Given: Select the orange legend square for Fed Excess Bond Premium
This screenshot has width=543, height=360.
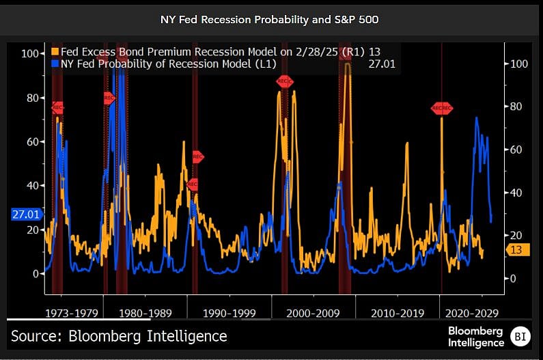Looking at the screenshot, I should pyautogui.click(x=55, y=52).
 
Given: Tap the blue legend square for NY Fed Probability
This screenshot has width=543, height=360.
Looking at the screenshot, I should pyautogui.click(x=55, y=64).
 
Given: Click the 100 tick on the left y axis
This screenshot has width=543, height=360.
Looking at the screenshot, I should pyautogui.click(x=30, y=53).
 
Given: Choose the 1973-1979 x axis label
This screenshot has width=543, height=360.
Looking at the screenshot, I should pyautogui.click(x=72, y=314).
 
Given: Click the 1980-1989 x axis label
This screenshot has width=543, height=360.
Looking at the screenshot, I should pyautogui.click(x=145, y=314).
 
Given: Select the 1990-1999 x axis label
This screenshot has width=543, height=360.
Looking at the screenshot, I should pyautogui.click(x=229, y=314).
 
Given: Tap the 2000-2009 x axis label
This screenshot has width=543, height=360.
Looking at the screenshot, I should pyautogui.click(x=313, y=314).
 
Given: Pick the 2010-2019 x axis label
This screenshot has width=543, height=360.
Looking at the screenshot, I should pyautogui.click(x=398, y=314).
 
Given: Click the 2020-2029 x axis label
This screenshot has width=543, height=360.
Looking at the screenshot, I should pyautogui.click(x=471, y=314).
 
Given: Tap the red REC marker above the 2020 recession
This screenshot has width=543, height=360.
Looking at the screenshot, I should pyautogui.click(x=441, y=108).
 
